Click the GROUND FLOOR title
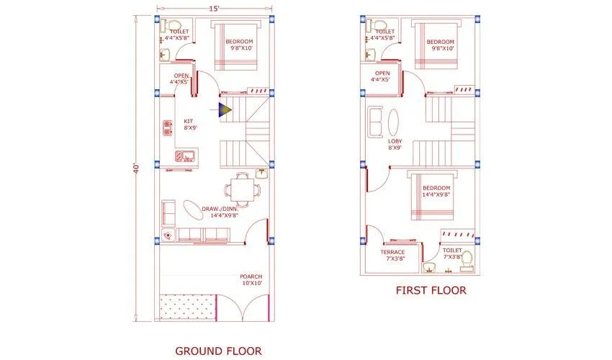(x=218, y=351)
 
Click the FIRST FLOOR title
(x=431, y=290)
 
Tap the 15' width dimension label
(x=214, y=9)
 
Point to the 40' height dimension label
(x=136, y=166)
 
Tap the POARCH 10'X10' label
(x=251, y=279)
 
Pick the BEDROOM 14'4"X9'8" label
(x=436, y=192)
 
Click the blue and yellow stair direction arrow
(x=224, y=109)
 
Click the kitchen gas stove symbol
(x=168, y=128)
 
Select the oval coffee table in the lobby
(x=392, y=121)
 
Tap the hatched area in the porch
(x=186, y=307)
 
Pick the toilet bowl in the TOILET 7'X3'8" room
(x=466, y=260)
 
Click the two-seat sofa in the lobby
(x=376, y=122)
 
